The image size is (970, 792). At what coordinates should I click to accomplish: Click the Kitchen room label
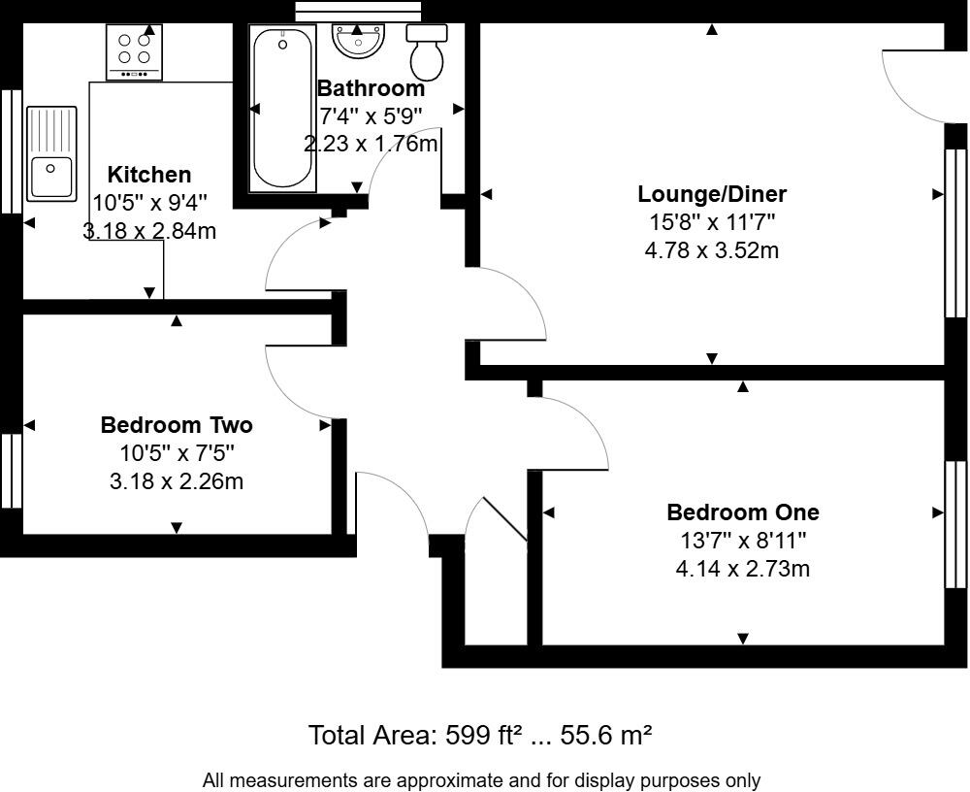(148, 175)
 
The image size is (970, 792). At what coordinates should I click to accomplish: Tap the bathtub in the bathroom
(282, 109)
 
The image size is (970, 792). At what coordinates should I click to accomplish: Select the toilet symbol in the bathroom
(427, 51)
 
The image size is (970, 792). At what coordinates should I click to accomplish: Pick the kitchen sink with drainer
(51, 153)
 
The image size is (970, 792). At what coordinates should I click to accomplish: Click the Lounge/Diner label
(711, 193)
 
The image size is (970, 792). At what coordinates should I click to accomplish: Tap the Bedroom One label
(742, 512)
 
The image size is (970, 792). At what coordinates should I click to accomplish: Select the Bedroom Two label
(177, 425)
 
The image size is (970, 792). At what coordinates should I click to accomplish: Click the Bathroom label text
(371, 88)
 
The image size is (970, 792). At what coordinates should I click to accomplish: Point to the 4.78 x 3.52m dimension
(711, 250)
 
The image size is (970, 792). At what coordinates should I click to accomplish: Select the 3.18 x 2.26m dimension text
(177, 480)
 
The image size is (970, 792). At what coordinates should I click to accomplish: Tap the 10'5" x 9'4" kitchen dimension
(149, 203)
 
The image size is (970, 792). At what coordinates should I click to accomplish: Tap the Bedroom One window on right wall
(956, 524)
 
